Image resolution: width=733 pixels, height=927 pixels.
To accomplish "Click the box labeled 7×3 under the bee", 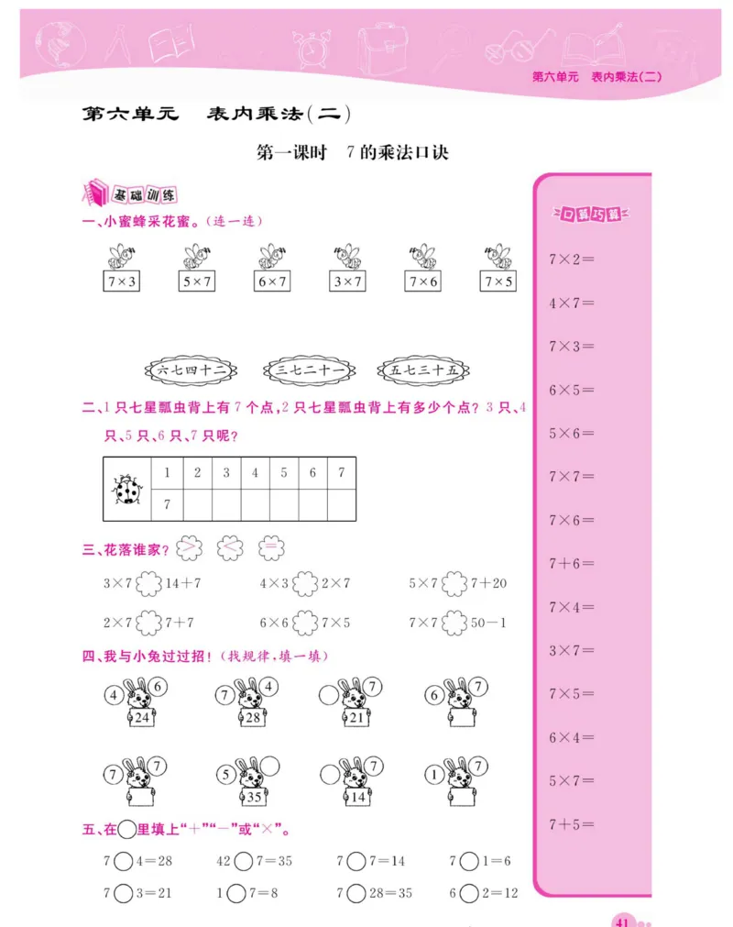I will pyautogui.click(x=120, y=282).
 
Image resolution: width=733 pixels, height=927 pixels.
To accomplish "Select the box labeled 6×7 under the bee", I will pyautogui.click(x=272, y=282).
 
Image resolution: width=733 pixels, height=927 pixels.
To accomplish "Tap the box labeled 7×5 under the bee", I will pyautogui.click(x=498, y=282).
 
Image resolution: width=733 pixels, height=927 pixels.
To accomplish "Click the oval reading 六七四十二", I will pyautogui.click(x=191, y=370).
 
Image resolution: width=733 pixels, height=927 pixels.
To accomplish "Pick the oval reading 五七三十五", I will pyautogui.click(x=422, y=370).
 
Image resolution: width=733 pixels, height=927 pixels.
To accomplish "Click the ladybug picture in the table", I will pyautogui.click(x=126, y=490).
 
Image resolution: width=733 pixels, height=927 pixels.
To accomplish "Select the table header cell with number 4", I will pyautogui.click(x=255, y=473).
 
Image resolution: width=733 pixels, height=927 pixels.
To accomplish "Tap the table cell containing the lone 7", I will pyautogui.click(x=167, y=503).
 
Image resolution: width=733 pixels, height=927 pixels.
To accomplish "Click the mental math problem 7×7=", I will pyautogui.click(x=571, y=477).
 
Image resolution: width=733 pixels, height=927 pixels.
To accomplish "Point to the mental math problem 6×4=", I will pyautogui.click(x=571, y=737).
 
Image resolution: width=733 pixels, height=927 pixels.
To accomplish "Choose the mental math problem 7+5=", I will pyautogui.click(x=571, y=824).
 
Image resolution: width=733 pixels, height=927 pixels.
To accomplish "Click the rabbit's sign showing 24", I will pyautogui.click(x=141, y=718).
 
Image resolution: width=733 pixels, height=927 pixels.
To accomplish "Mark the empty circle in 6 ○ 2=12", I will pyautogui.click(x=469, y=893).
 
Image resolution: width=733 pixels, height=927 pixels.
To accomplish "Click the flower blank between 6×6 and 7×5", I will pyautogui.click(x=306, y=624).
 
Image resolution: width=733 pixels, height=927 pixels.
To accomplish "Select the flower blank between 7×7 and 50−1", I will pyautogui.click(x=454, y=624).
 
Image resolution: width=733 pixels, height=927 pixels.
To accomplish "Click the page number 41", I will pyautogui.click(x=623, y=920).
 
